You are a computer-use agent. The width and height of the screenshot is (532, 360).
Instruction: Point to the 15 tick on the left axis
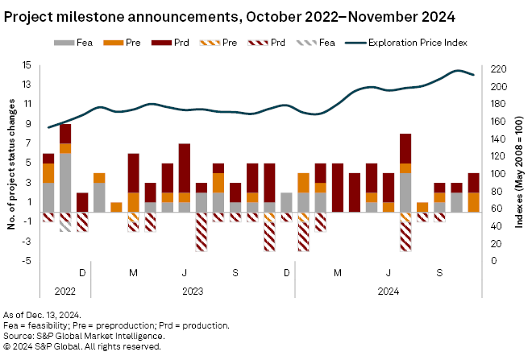[26, 65]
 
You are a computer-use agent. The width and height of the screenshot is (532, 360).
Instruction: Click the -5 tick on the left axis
[27, 260]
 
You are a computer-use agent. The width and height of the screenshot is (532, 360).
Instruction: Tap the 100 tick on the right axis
[500, 173]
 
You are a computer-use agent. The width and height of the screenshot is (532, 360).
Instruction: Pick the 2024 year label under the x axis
[388, 291]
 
